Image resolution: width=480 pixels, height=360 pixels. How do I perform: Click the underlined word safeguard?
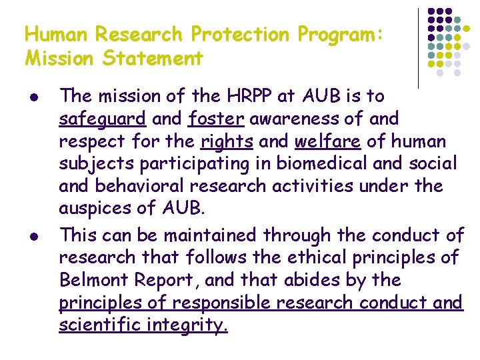click(x=102, y=119)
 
